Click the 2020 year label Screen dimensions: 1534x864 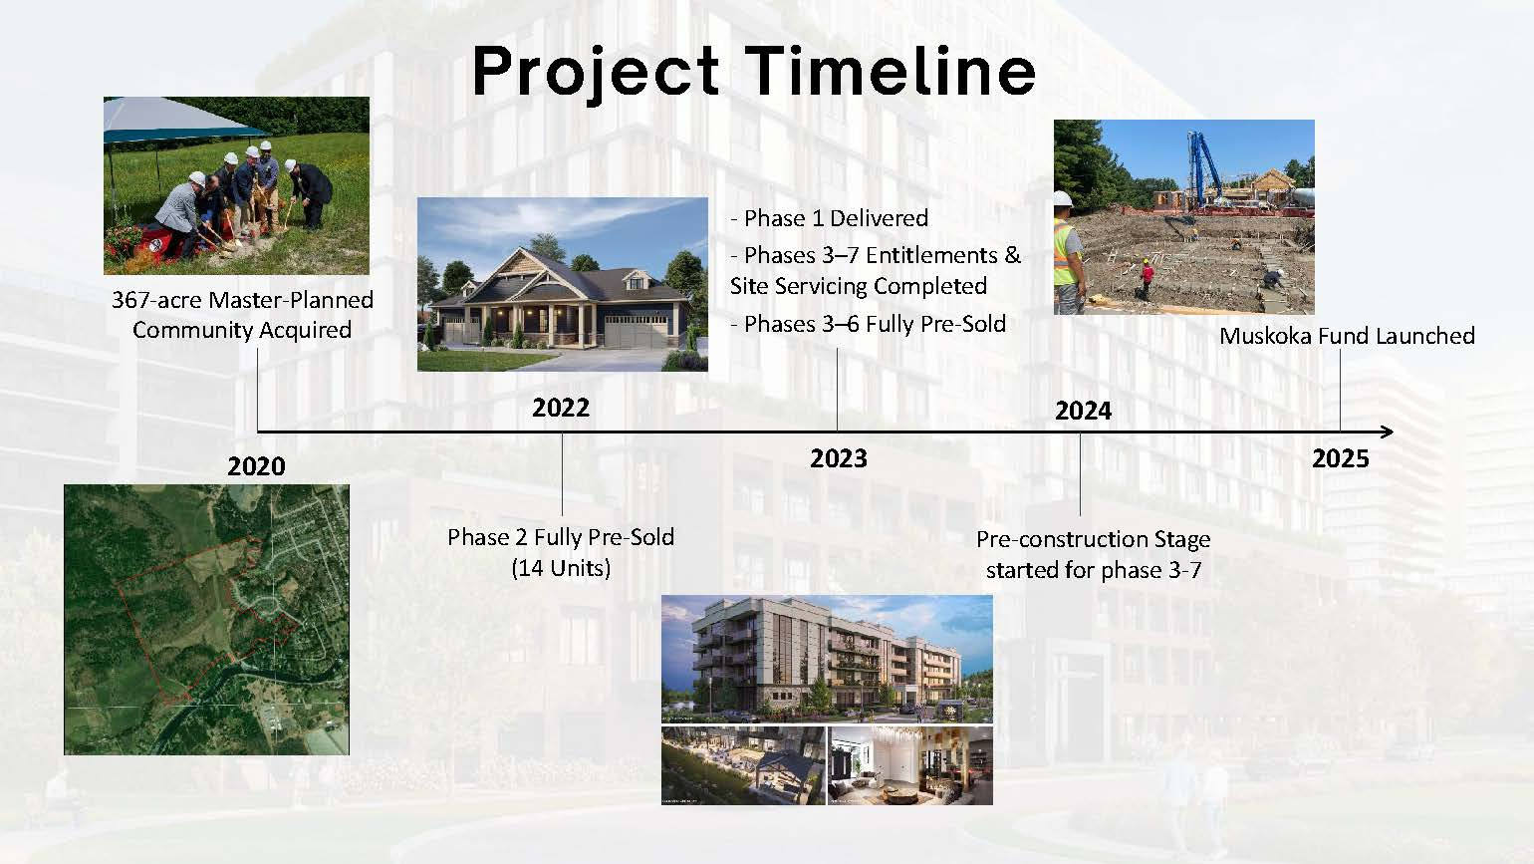coord(256,466)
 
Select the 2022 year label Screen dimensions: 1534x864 coord(561,408)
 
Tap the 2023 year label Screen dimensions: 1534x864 coord(839,458)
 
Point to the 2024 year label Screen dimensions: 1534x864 coord(1084,412)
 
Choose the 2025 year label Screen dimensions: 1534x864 coord(1340,458)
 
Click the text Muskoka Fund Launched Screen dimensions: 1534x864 coord(1347,336)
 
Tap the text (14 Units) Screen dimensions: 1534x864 coord(561,568)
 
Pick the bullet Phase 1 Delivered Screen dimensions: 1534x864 coord(829,218)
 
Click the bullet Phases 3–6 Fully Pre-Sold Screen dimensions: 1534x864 coord(868,324)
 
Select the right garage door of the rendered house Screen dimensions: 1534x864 coord(636,332)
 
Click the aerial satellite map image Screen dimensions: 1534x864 coord(206,620)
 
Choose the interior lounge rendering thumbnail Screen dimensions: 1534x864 coord(910,765)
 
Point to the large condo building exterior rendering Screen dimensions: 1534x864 coord(827,659)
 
